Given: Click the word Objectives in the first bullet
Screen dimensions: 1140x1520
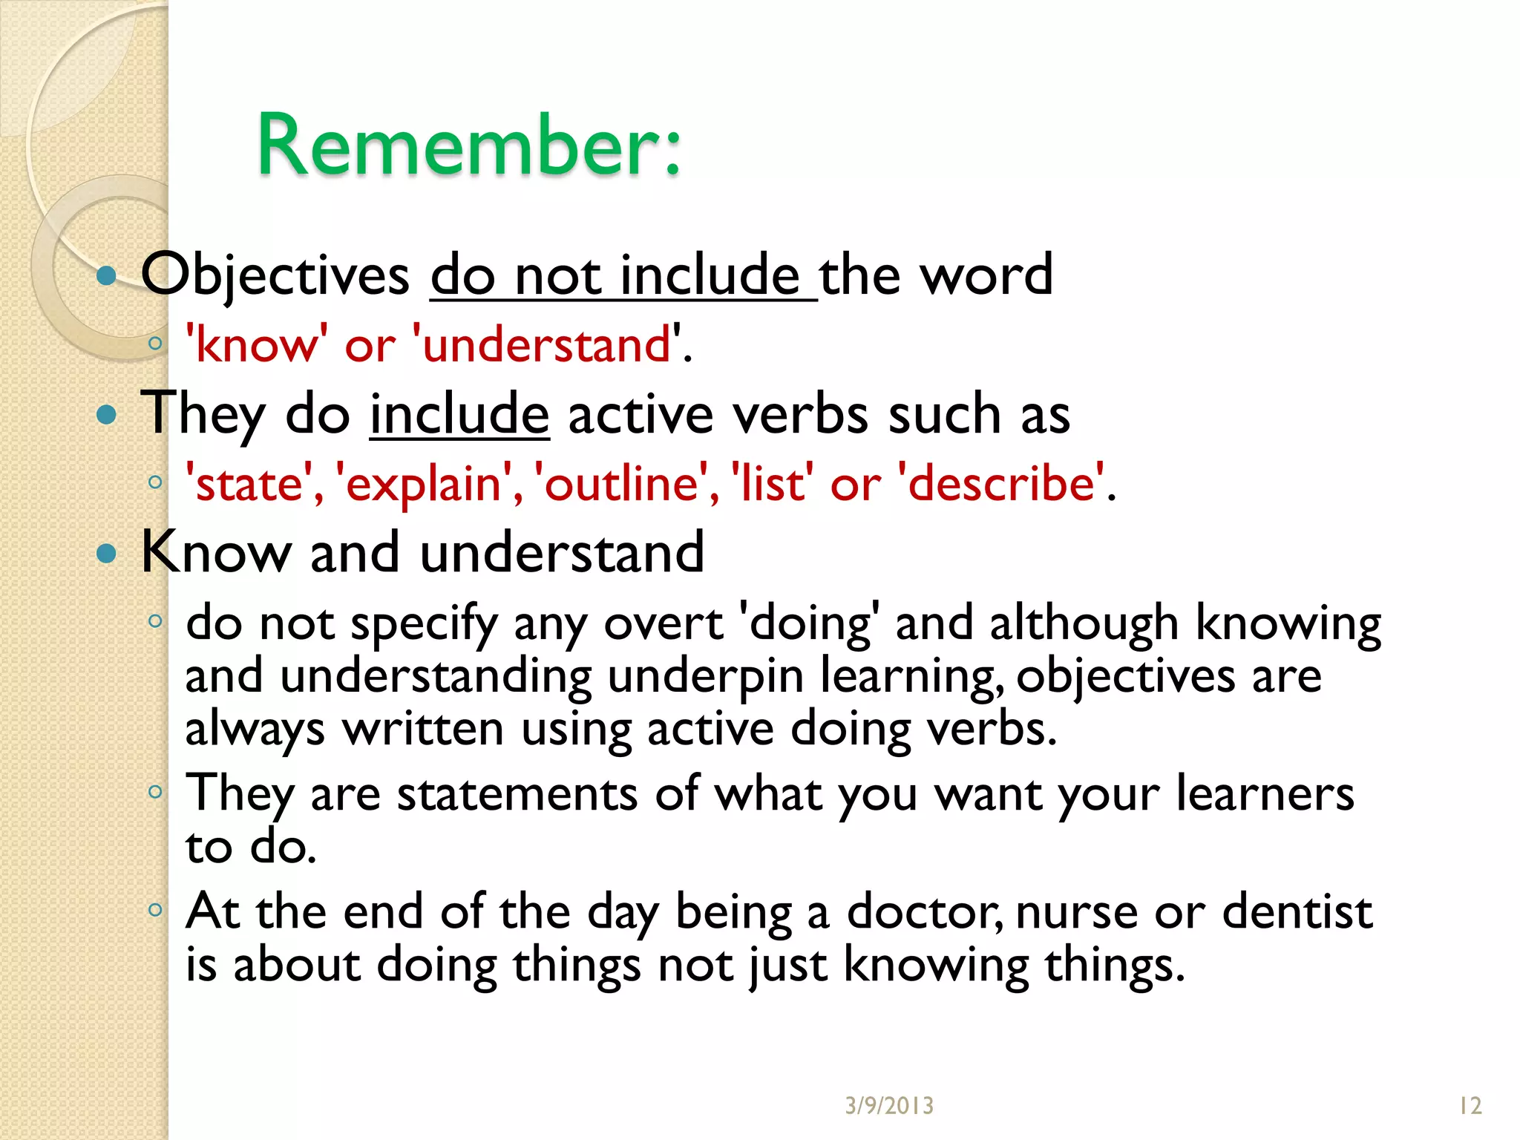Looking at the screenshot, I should (x=275, y=275).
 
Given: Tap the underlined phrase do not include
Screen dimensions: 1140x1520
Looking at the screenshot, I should (x=623, y=275).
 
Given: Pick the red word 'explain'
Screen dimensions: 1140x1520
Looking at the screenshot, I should (x=424, y=484).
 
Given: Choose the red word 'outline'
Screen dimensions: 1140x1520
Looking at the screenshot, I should (x=621, y=484).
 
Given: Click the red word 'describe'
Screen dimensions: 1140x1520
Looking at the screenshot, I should (x=1001, y=484).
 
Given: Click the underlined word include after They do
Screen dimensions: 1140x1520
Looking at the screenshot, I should (x=459, y=414).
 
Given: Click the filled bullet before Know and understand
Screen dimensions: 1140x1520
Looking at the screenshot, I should (x=108, y=553).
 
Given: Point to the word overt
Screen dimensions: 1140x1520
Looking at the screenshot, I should (x=663, y=623).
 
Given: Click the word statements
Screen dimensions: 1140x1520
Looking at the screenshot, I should (x=517, y=794).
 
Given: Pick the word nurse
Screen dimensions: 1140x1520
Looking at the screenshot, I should (x=1076, y=912).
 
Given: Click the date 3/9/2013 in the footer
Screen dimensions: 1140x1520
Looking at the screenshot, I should (x=889, y=1106).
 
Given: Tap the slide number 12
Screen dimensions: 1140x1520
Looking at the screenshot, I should (x=1470, y=1106).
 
